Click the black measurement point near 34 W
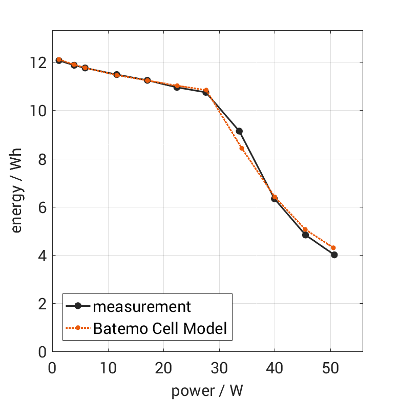(x=239, y=131)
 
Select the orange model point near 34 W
(x=242, y=149)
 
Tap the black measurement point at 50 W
(x=334, y=255)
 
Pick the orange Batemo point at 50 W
(x=333, y=248)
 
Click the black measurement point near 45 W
(x=305, y=235)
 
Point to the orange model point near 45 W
(x=305, y=229)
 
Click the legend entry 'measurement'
(x=141, y=306)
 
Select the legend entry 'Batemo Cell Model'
(x=159, y=328)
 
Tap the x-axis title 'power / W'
(x=207, y=391)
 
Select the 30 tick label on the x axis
(x=219, y=368)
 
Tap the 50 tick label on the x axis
(x=330, y=368)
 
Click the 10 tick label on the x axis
(x=108, y=368)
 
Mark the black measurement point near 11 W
(x=117, y=75)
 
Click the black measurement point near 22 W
(x=177, y=87)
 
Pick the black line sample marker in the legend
(x=78, y=306)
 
